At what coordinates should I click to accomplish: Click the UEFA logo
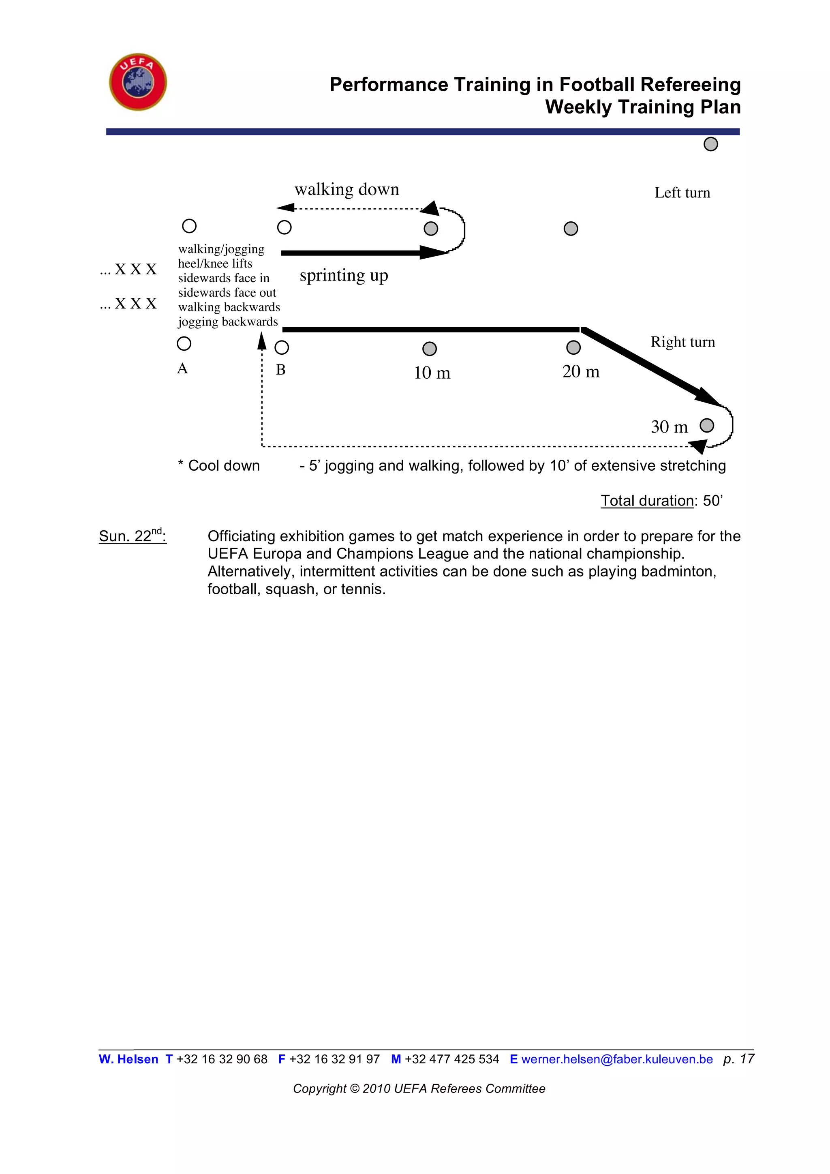coord(138,82)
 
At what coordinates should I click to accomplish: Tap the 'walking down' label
coord(347,190)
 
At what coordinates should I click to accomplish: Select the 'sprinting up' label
coord(343,276)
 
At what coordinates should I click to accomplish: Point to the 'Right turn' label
coord(682,342)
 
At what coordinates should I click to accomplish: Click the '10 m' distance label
coord(432,373)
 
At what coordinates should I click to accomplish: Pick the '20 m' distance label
coord(581,372)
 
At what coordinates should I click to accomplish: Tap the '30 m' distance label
coord(669,427)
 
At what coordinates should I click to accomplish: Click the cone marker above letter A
coord(184,344)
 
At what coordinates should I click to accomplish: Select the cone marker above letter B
coord(282,348)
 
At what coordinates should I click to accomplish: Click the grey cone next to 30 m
coord(707,425)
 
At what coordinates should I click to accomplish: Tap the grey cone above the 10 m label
coord(429,349)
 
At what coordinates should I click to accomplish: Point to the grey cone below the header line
coord(710,144)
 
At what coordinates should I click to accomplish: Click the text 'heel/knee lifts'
coord(215,264)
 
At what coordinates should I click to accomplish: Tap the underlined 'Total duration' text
coord(646,501)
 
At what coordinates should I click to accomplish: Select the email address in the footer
coord(616,1059)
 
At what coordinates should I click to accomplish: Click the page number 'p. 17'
coord(738,1059)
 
